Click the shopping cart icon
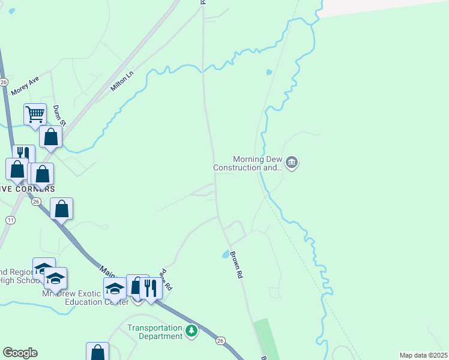coord(35,113)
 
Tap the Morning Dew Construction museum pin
coord(292,163)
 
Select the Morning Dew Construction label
coord(249,164)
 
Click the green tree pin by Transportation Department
coord(191,331)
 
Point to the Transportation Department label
coord(155,332)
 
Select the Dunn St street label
coord(58,115)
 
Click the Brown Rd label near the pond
coord(236,265)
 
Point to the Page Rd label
coord(165,280)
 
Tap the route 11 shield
coord(10,220)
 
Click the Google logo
coord(20,353)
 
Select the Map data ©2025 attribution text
coord(423,355)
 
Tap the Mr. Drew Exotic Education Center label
coord(85,298)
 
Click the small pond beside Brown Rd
coord(226,254)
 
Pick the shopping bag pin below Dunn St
coord(51,137)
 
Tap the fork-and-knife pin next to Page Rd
coord(151,288)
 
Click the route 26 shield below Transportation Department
coord(221,341)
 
